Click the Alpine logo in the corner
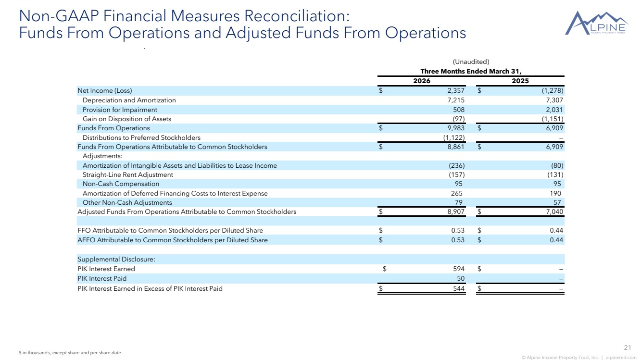596,24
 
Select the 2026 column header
422,81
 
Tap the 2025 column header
520,81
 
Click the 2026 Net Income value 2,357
456,91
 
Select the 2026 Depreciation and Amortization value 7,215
456,100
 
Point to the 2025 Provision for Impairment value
554,110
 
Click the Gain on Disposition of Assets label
127,119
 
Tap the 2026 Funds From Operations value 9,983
456,128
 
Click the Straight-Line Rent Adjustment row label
127,174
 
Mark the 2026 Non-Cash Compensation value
459,184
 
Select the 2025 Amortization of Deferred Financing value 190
555,194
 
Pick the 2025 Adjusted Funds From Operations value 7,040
554,212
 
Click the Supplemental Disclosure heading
116,260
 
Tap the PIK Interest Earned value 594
459,269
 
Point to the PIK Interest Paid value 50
461,278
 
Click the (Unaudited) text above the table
471,62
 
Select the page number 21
628,348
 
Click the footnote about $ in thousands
70,353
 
